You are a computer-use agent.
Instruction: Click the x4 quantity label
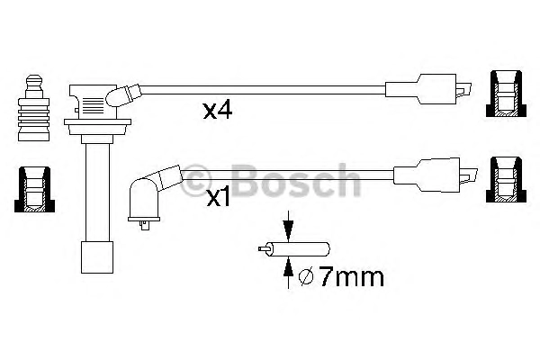pos(218,111)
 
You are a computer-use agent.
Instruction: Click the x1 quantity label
pos(219,198)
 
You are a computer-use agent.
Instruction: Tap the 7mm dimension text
pos(351,276)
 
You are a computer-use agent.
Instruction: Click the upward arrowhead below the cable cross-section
pos(288,267)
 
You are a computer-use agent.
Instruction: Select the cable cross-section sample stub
pos(294,248)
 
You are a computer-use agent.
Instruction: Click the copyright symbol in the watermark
pos(195,181)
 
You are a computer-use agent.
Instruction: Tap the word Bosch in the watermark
pos(295,181)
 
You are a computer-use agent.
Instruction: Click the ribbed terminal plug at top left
pos(34,108)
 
